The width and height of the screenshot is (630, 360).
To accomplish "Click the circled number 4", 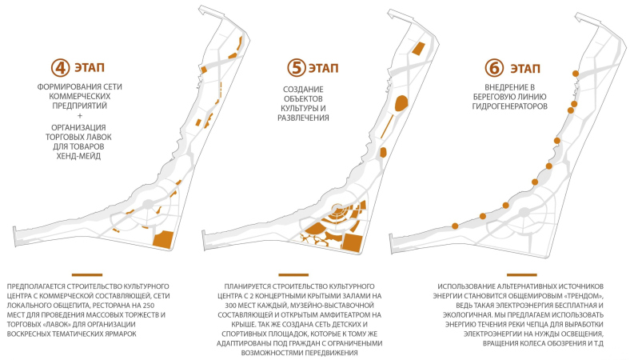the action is tap(60, 67).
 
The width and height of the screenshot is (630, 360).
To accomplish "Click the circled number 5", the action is tap(297, 67).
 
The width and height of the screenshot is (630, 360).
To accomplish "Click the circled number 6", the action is tap(494, 68).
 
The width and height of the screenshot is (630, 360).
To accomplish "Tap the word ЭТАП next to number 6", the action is tap(525, 68).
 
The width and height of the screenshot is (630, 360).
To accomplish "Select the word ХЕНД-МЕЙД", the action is tap(78, 156).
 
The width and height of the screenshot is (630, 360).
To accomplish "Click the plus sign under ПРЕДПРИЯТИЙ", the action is tap(80, 116).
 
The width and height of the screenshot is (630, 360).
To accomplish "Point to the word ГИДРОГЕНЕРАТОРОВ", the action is tap(509, 106).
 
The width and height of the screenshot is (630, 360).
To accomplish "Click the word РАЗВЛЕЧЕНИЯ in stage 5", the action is tap(303, 118).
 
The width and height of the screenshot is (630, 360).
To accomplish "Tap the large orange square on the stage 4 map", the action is tap(163, 239).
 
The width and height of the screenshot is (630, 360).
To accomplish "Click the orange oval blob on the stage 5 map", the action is tap(401, 103).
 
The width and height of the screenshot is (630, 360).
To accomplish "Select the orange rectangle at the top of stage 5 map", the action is tap(418, 48).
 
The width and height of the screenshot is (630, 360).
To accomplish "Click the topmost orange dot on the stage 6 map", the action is tap(576, 74).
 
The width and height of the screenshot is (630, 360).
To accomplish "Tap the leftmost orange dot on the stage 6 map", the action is tap(455, 226).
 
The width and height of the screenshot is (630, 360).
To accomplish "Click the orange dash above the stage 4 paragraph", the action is tap(87, 275).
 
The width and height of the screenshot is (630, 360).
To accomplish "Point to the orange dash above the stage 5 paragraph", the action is tap(293, 275).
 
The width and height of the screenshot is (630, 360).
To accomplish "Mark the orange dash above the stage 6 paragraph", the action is tap(521, 275).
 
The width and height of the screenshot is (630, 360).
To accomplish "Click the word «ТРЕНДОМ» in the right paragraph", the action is tap(584, 296).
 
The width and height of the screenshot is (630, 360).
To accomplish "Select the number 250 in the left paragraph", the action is tap(148, 306).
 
